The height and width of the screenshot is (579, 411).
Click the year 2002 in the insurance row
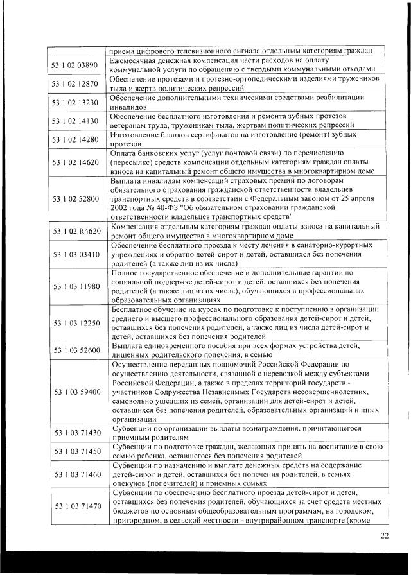[120, 209]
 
